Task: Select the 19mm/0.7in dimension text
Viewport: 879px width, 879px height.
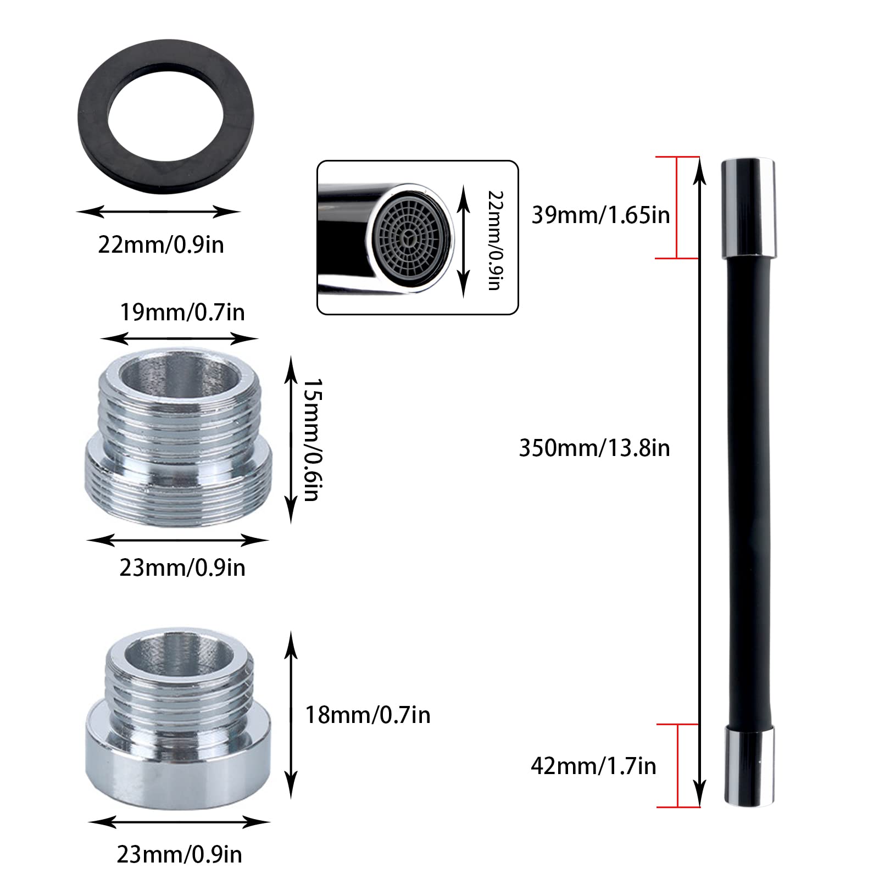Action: coord(182,313)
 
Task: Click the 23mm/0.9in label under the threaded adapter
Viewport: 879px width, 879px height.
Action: coord(182,568)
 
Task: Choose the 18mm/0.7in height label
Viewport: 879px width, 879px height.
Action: coord(368,715)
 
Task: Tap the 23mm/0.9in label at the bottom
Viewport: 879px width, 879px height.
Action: coord(179,855)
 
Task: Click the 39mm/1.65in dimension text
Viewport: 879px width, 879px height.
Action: coord(600,215)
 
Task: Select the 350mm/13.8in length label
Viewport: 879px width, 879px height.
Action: coord(594,448)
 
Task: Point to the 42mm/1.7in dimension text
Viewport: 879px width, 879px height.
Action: coord(593,766)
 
